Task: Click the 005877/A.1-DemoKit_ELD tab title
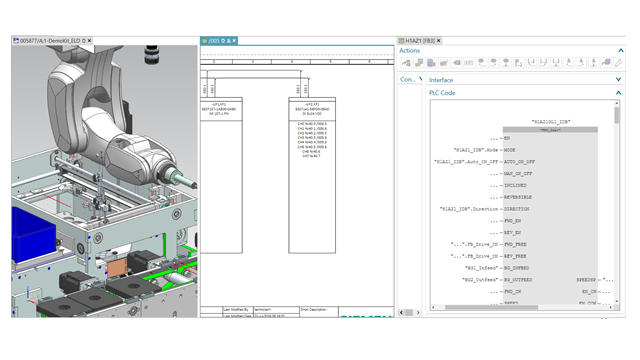pyautogui.click(x=49, y=40)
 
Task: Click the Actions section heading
pyautogui.click(x=410, y=50)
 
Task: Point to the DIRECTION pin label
pyautogui.click(x=521, y=209)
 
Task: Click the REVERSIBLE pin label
pyautogui.click(x=522, y=197)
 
